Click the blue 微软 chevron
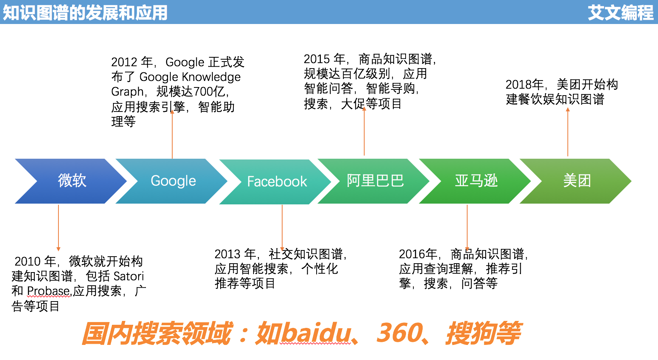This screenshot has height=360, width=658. pyautogui.click(x=72, y=181)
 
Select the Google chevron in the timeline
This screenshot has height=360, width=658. pyautogui.click(x=173, y=181)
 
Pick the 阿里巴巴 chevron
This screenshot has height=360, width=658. pyautogui.click(x=375, y=181)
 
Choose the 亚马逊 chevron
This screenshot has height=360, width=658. pyautogui.click(x=476, y=181)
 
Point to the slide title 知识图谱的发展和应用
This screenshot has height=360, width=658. pyautogui.click(x=85, y=13)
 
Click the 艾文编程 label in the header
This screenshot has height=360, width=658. pyautogui.click(x=621, y=13)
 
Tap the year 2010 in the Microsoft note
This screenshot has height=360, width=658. pyautogui.click(x=27, y=261)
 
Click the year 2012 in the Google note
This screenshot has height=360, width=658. pyautogui.click(x=124, y=62)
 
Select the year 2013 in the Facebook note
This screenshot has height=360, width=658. pyautogui.click(x=228, y=254)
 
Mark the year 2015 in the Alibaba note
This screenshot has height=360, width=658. pyautogui.click(x=317, y=59)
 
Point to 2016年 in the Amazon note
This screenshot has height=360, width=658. pyautogui.click(x=418, y=254)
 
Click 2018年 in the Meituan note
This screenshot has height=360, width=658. pyautogui.click(x=525, y=85)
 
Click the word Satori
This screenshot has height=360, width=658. pyautogui.click(x=129, y=276)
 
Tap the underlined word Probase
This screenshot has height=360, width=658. pyautogui.click(x=48, y=291)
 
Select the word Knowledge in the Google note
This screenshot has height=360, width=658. pyautogui.click(x=211, y=77)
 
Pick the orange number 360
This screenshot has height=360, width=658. pyautogui.click(x=399, y=333)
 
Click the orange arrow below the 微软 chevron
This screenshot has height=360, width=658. pyautogui.click(x=58, y=228)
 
